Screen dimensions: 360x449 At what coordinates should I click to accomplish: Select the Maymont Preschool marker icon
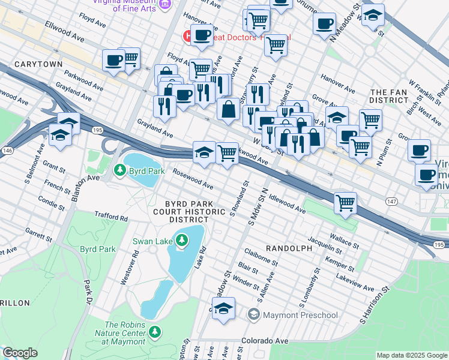(x=254, y=314)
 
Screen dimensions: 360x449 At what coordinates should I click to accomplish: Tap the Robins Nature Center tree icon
(x=155, y=331)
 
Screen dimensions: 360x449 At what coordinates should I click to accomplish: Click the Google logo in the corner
(x=19, y=353)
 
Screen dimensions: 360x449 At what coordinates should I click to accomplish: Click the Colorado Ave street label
(x=265, y=340)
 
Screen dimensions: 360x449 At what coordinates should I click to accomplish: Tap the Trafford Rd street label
(x=111, y=216)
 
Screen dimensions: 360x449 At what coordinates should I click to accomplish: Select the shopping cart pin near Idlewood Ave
(x=346, y=203)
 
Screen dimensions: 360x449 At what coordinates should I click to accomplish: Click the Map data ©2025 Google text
(x=411, y=355)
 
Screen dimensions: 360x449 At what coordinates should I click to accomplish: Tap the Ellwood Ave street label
(x=65, y=32)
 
